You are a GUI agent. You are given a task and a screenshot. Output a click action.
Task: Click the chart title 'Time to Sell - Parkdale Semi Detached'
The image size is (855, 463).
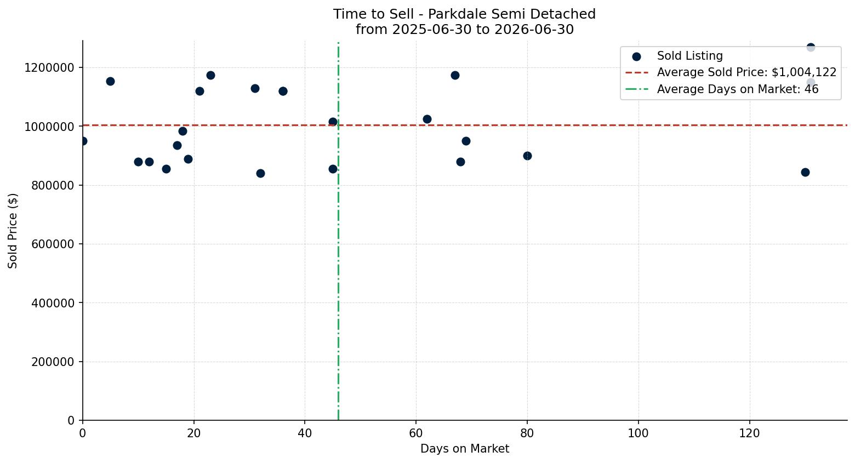coord(464,14)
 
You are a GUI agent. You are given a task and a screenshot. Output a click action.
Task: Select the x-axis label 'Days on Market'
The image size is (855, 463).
coord(465,449)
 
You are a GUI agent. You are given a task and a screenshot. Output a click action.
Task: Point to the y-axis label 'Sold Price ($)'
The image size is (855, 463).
coord(13,231)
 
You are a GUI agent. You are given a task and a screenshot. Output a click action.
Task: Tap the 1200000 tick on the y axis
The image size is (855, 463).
coord(49,68)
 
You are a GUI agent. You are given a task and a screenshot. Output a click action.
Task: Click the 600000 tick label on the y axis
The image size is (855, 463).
coord(53,244)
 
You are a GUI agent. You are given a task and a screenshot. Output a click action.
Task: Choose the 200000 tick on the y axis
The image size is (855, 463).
coord(53,362)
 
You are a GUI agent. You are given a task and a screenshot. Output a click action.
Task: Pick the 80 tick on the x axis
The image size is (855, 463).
coord(527,433)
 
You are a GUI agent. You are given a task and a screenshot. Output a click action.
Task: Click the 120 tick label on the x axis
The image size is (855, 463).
coord(750,433)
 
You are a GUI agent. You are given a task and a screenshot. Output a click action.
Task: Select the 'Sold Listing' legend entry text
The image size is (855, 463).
coord(689,56)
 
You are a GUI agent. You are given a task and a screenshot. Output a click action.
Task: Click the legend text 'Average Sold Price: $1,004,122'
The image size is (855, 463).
coord(746,72)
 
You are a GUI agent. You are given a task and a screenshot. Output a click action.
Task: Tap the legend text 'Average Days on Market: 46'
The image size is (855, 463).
coord(738,89)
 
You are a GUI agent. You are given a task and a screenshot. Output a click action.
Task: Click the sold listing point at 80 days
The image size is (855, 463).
coord(527,156)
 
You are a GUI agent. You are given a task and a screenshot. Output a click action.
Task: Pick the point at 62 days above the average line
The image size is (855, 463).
coord(427,119)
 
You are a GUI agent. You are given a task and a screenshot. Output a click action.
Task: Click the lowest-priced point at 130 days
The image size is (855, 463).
coord(805,172)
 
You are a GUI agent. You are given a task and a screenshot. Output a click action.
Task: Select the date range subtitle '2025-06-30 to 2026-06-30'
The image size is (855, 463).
coord(483,30)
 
